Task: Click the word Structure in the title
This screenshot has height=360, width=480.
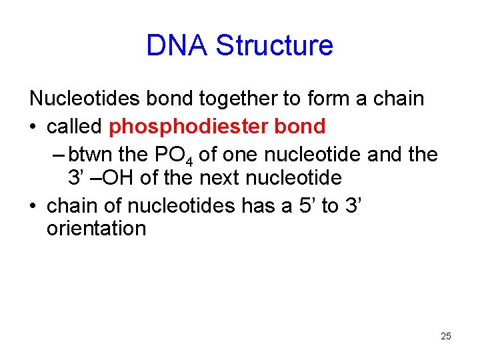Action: (x=274, y=45)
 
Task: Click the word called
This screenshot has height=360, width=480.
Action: (x=74, y=126)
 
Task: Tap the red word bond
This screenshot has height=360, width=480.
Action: (x=302, y=126)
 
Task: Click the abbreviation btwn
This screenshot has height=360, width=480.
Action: (x=91, y=154)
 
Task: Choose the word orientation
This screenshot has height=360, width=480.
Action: (x=96, y=229)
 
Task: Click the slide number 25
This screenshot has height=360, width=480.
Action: (x=446, y=336)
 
